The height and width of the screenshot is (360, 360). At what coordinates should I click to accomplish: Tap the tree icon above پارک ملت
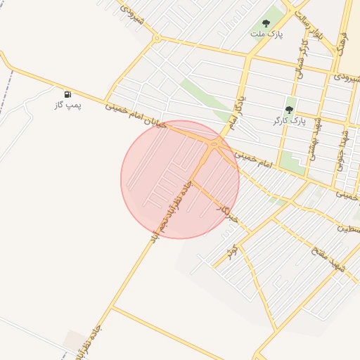coord(266,23)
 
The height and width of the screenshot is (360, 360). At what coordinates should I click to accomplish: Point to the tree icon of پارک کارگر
coord(289,110)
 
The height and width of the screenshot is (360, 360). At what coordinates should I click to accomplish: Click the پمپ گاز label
coord(68,105)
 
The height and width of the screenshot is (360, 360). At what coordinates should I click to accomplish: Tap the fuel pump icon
coord(67,94)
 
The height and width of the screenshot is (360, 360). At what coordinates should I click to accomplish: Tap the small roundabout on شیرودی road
coord(156,38)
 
